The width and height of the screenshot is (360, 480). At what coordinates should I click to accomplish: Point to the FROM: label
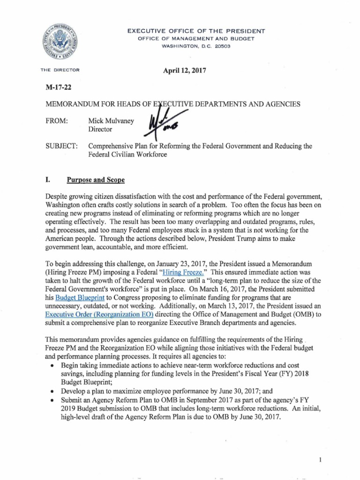(x=57, y=121)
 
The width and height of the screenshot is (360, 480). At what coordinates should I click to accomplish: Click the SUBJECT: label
(x=61, y=146)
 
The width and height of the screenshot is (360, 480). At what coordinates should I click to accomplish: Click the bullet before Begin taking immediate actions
(x=50, y=365)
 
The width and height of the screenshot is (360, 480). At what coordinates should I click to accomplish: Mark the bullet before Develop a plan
(x=50, y=390)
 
